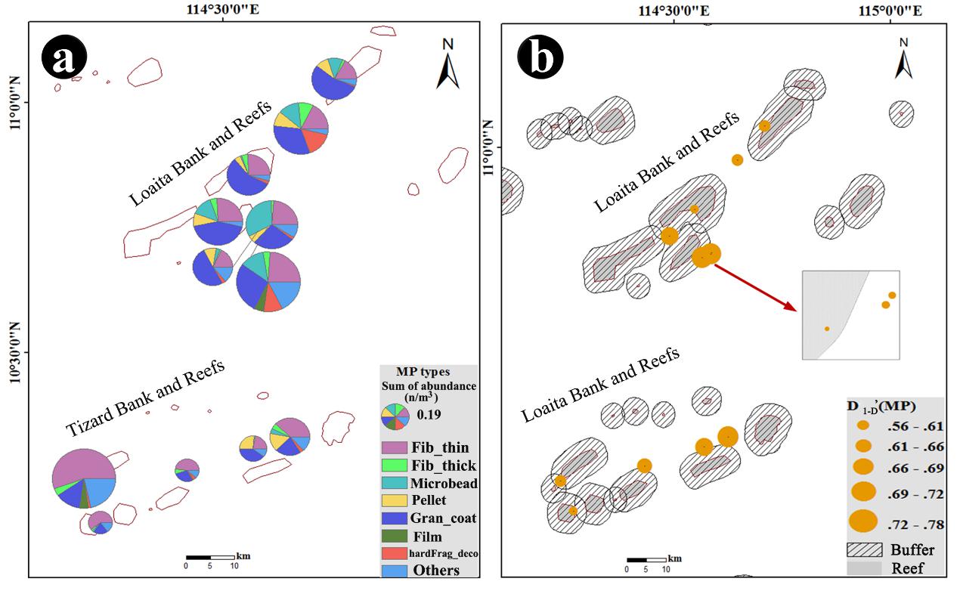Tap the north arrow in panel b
click(x=903, y=60)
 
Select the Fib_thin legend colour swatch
click(x=394, y=448)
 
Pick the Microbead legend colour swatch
click(x=394, y=483)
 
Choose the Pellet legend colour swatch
click(x=394, y=500)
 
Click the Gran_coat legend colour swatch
click(x=394, y=518)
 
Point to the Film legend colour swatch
click(x=394, y=537)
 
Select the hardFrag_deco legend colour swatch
click(x=394, y=554)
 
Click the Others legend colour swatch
click(x=394, y=571)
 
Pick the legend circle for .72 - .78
click(x=863, y=521)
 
